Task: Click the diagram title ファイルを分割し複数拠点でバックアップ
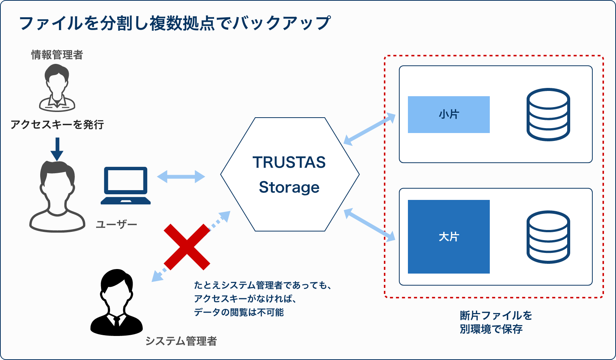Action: click(x=175, y=23)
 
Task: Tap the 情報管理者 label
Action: click(x=57, y=55)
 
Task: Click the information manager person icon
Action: click(x=57, y=88)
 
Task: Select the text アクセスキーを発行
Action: click(x=57, y=125)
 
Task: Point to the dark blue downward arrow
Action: click(x=57, y=149)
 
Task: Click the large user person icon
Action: click(x=57, y=197)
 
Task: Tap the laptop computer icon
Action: click(x=126, y=186)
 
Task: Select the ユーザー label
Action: click(x=116, y=225)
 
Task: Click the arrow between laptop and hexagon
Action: click(x=181, y=176)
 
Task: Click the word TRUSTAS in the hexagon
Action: click(x=289, y=162)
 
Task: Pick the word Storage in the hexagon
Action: click(x=289, y=188)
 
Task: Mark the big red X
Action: click(x=187, y=247)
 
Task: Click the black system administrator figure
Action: click(x=116, y=303)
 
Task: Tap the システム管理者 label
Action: click(x=181, y=341)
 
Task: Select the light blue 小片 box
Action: click(x=449, y=115)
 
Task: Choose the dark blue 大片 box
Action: click(x=449, y=237)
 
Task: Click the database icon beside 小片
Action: click(x=548, y=115)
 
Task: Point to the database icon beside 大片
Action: click(x=548, y=237)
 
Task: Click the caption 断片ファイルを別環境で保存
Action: click(x=496, y=322)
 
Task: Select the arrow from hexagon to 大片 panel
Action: click(x=369, y=225)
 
